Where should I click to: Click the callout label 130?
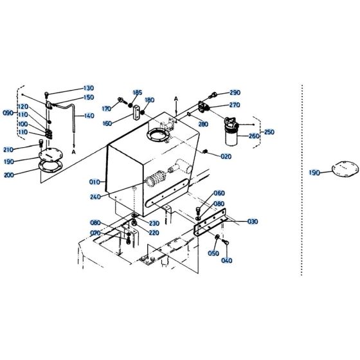(x=88, y=88)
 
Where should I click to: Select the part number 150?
(x=88, y=97)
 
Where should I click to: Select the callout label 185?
(x=138, y=93)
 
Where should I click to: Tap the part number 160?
(x=107, y=123)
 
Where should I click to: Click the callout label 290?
(x=234, y=93)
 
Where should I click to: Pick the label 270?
(x=234, y=105)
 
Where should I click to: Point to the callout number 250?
(x=269, y=132)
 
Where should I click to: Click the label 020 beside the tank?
(x=226, y=156)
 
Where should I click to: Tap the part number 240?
(x=96, y=197)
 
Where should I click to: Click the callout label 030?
(x=252, y=221)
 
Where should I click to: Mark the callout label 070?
(x=95, y=233)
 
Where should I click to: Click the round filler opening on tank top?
(x=157, y=136)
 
